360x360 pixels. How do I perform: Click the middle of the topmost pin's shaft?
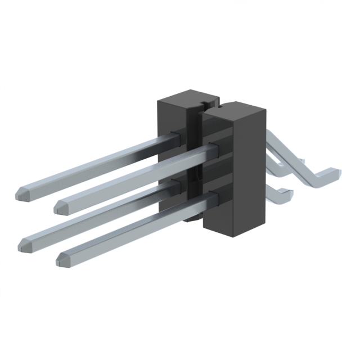96,163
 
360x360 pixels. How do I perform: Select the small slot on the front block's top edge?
220,105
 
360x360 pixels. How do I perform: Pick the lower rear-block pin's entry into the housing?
174,183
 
